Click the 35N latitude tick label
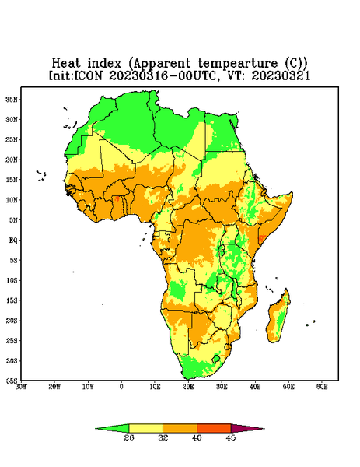[x=12, y=99]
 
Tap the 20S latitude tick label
[x=12, y=321]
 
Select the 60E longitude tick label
[x=322, y=387]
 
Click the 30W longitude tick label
[x=21, y=387]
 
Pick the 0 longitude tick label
[x=121, y=387]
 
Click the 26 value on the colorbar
[x=129, y=437]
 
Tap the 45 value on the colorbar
[x=231, y=437]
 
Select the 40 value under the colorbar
[x=197, y=437]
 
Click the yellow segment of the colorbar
[x=145, y=428]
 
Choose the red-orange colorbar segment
[x=214, y=428]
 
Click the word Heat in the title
[x=66, y=64]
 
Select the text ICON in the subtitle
[x=89, y=75]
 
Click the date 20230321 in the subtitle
[x=281, y=75]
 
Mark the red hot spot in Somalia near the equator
[x=261, y=238]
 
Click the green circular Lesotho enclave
[x=216, y=359]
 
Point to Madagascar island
[x=278, y=318]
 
